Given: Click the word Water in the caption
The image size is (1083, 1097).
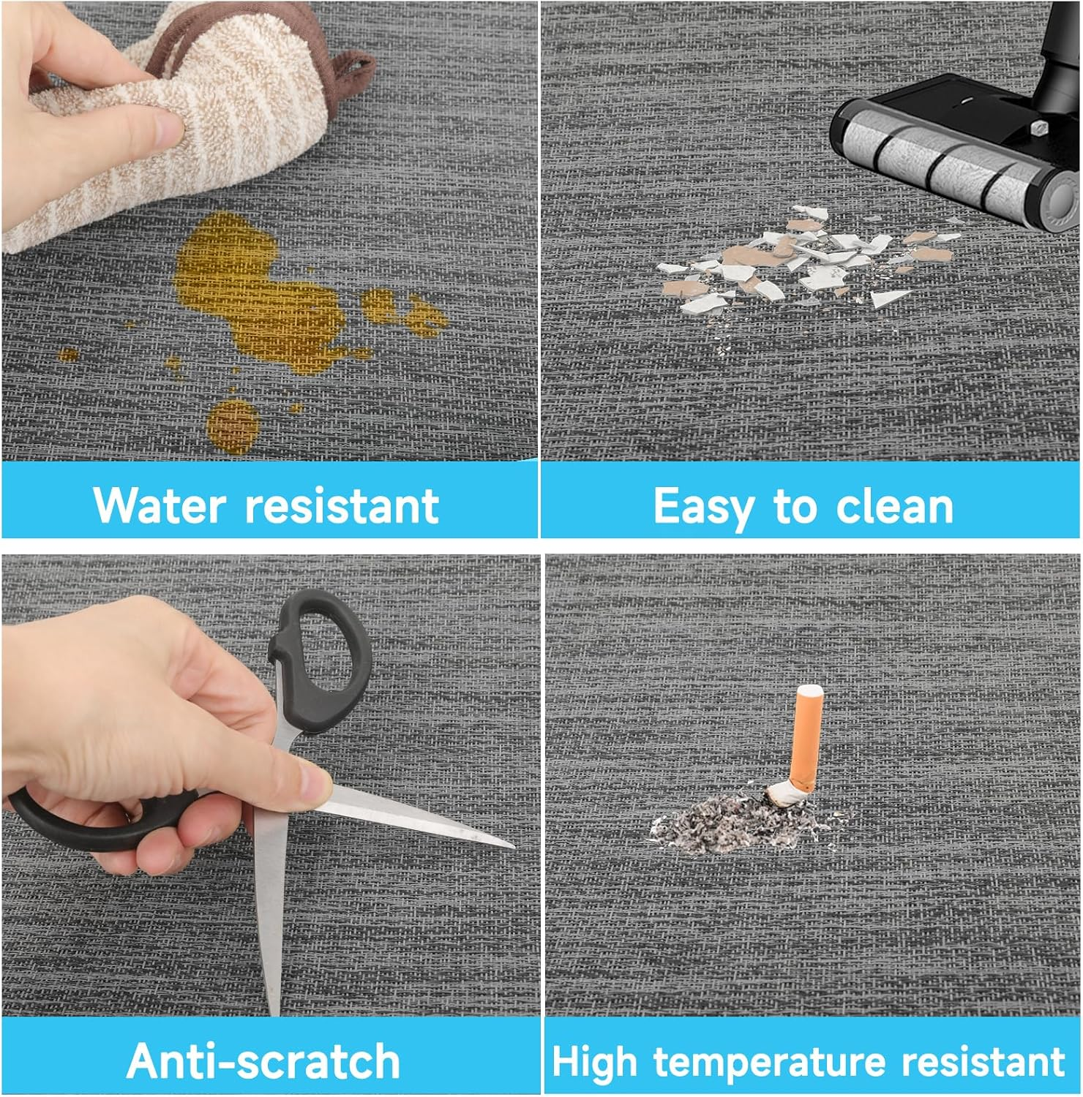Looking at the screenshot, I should coord(159,505).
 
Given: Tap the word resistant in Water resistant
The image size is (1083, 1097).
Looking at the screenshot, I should coord(342,505).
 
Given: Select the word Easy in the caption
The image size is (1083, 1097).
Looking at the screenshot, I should coord(701,507).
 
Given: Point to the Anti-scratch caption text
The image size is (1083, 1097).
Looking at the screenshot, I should coord(263,1060).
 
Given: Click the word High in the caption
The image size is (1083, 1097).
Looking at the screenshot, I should coord(594,1062).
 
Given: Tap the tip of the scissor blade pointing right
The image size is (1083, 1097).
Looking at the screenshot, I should coord(512,847).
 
